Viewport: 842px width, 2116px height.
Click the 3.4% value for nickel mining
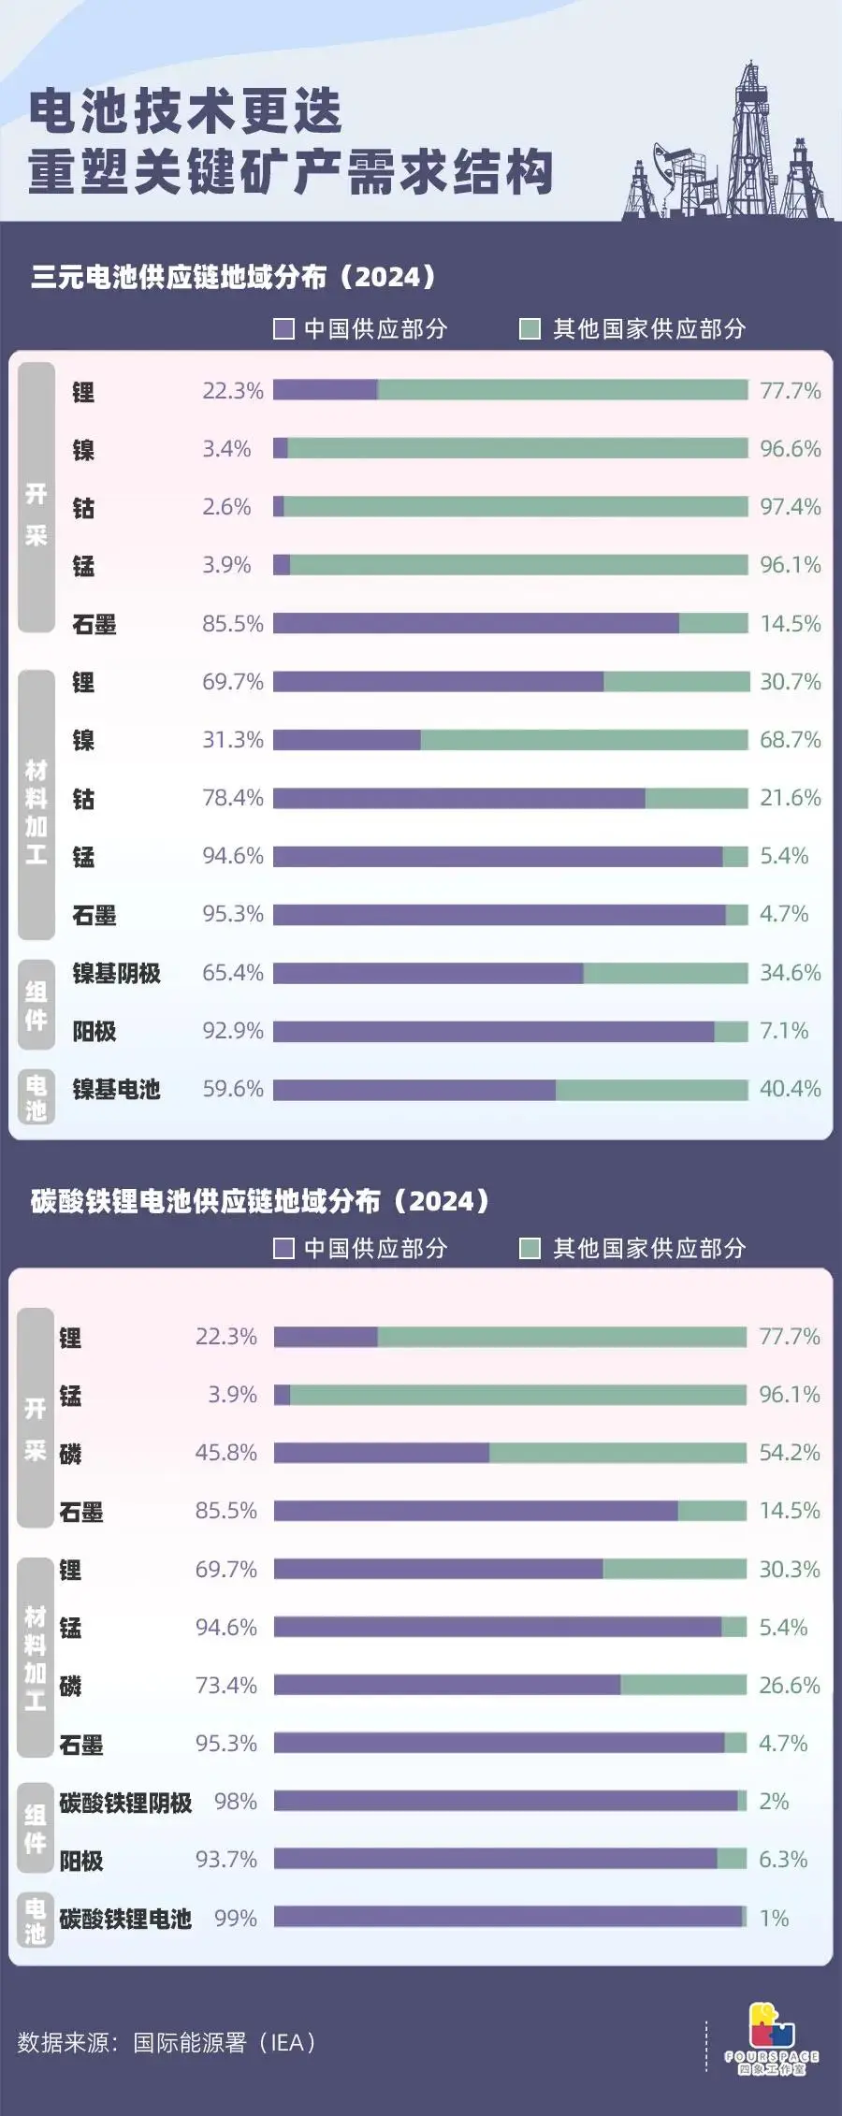pos(226,449)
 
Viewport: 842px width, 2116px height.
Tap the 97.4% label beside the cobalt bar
pos(790,507)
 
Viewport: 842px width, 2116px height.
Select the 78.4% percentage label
pos(233,798)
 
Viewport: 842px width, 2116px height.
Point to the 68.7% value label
pos(790,740)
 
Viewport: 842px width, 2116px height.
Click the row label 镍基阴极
pos(117,973)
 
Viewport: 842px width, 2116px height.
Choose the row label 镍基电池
pos(117,1089)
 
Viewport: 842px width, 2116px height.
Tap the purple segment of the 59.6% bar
pos(414,1090)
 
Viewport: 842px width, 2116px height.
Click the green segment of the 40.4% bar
pos(651,1090)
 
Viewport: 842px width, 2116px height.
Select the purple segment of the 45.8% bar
pos(381,1453)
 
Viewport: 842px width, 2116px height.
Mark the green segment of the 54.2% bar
pos(617,1453)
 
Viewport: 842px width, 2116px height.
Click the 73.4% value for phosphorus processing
pos(225,1686)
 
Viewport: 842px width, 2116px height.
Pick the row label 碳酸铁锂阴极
pos(125,1803)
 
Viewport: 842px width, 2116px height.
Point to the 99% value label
pos(235,1919)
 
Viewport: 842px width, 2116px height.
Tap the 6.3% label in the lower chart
pos(782,1860)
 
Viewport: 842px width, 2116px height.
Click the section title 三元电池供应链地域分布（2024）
pos(234,277)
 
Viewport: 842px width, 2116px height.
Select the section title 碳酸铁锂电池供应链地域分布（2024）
pos(260,1201)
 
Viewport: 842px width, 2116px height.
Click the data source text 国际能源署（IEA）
pos(225,2043)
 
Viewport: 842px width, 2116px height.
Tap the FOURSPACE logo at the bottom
pos(772,2039)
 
